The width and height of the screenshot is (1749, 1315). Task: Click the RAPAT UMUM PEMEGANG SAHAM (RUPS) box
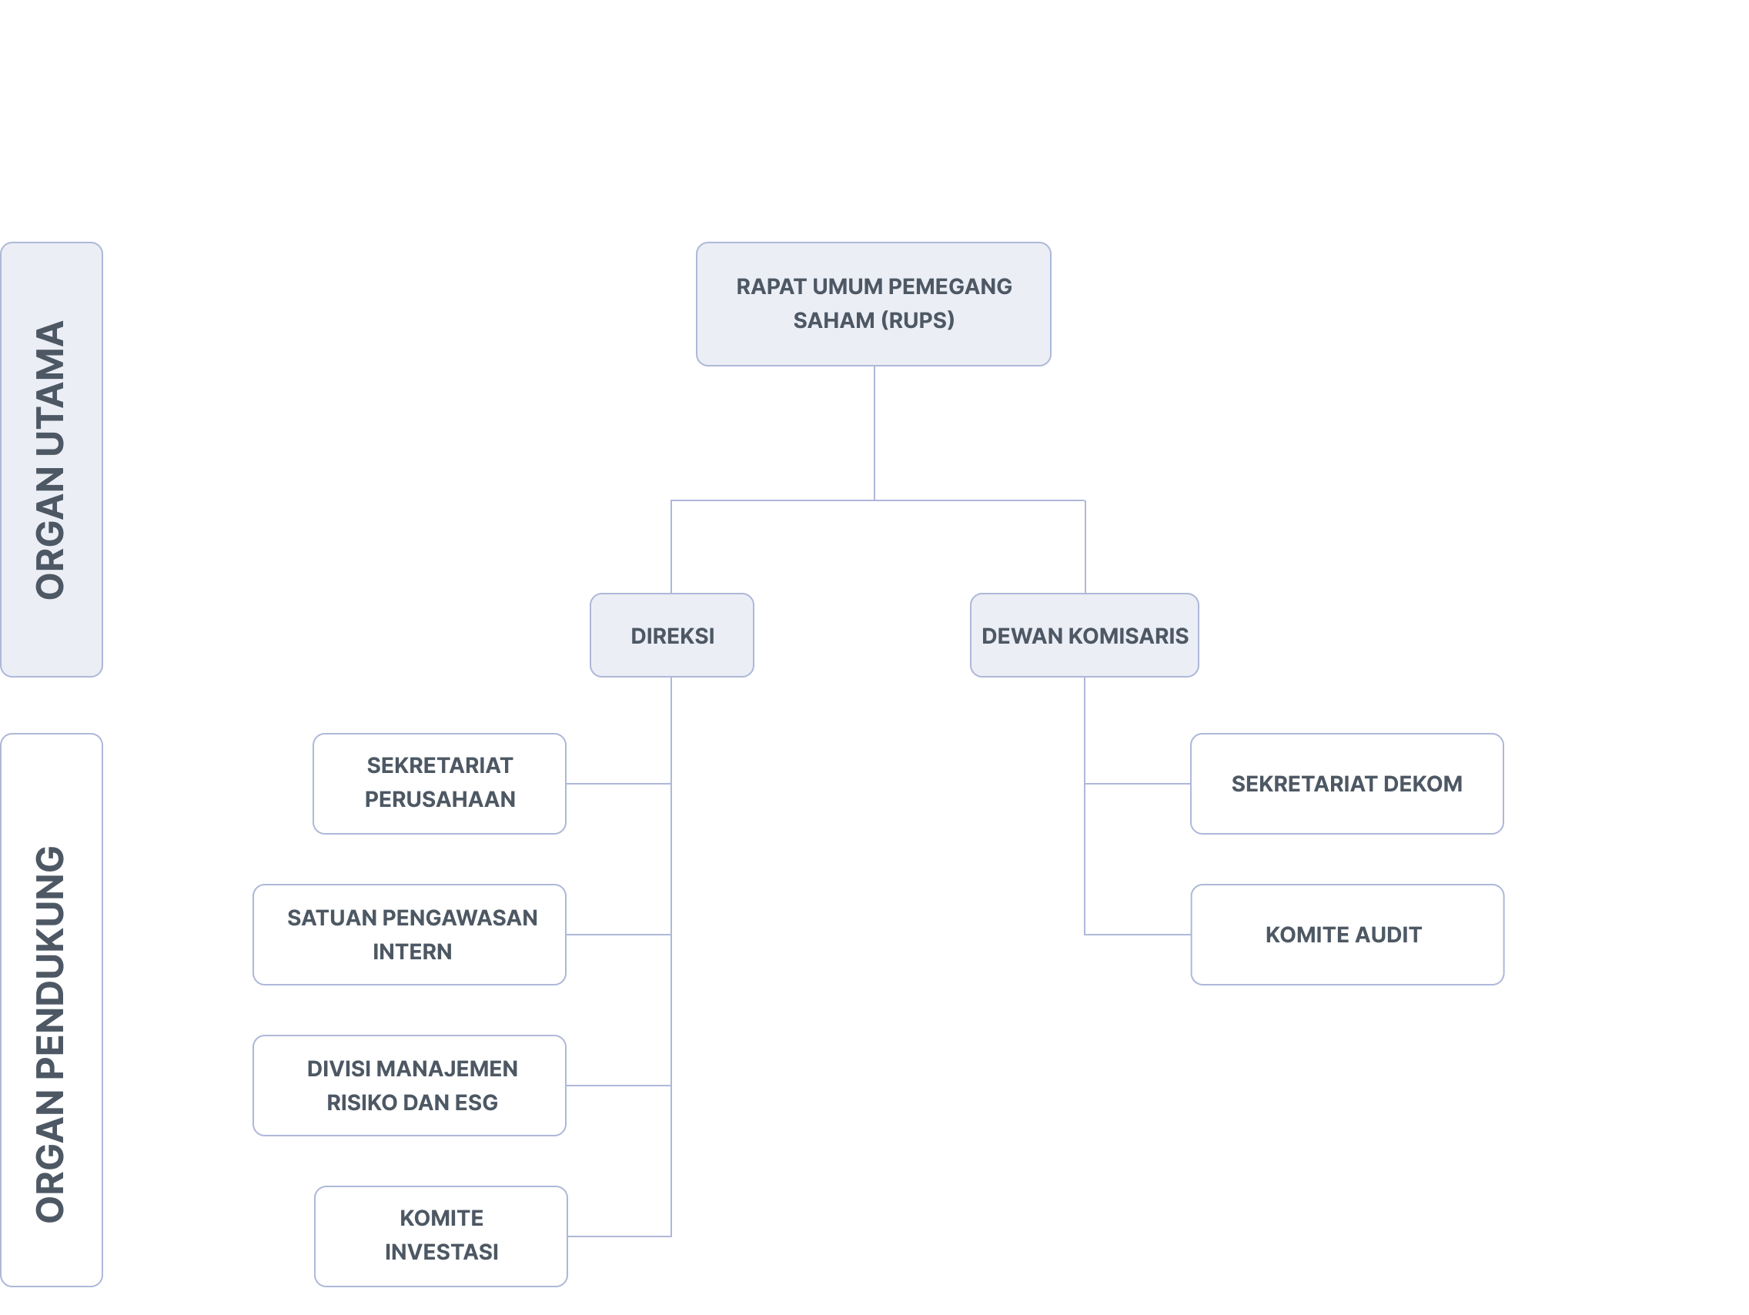873,303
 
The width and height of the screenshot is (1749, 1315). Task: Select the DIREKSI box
671,635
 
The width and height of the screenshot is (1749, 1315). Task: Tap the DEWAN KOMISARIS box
1084,635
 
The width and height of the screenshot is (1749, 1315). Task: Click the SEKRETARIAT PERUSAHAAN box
439,783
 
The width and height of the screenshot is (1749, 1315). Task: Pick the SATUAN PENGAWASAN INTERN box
409,934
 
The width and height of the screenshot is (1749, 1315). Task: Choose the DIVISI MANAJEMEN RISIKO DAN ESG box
409,1085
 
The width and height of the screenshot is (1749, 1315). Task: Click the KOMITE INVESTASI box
440,1235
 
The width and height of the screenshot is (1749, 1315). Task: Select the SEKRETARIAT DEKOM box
1346,783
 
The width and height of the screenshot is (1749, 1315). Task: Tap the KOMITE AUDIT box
1346,934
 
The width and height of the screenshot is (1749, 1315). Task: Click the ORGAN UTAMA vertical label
51,460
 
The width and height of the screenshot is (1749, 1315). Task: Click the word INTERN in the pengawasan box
412,952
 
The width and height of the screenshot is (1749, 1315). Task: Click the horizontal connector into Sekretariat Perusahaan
618,784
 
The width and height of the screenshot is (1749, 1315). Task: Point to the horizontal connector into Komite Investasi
619,1236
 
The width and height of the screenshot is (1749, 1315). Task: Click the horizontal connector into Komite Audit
1137,935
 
